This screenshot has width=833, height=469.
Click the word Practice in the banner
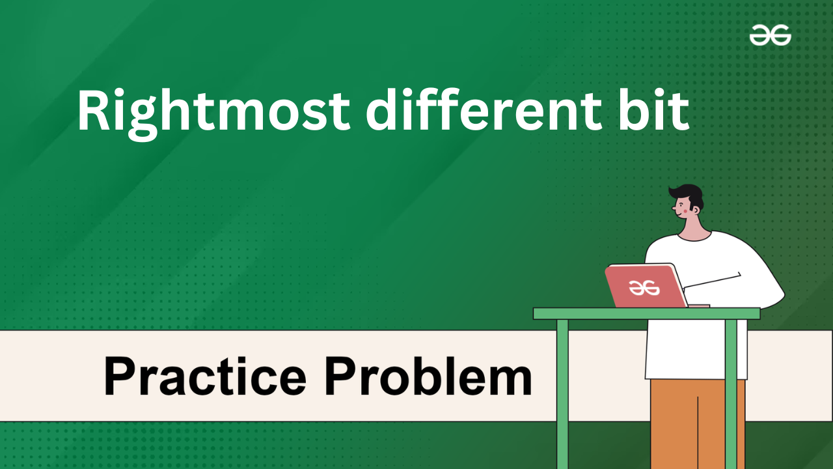click(x=205, y=376)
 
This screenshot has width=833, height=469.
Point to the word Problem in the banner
click(x=428, y=376)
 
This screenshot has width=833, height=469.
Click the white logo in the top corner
click(x=770, y=35)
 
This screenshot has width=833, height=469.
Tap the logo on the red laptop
click(x=644, y=288)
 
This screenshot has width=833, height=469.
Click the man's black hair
click(x=688, y=195)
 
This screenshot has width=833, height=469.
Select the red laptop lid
click(x=646, y=286)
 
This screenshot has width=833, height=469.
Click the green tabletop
click(x=647, y=313)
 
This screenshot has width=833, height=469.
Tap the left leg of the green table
click(x=562, y=394)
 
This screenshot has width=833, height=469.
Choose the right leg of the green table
click(x=731, y=394)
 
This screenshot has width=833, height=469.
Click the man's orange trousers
click(x=697, y=424)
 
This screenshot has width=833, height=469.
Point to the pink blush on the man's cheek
click(x=685, y=210)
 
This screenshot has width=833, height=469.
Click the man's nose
click(x=674, y=208)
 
